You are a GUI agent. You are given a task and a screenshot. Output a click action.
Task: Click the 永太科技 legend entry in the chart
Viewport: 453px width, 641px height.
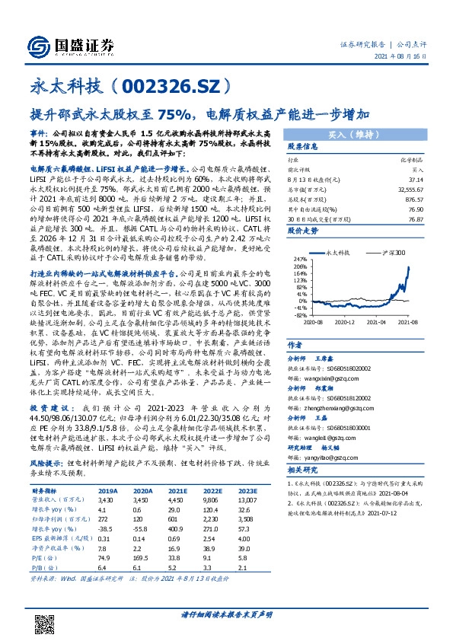click(x=338, y=250)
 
